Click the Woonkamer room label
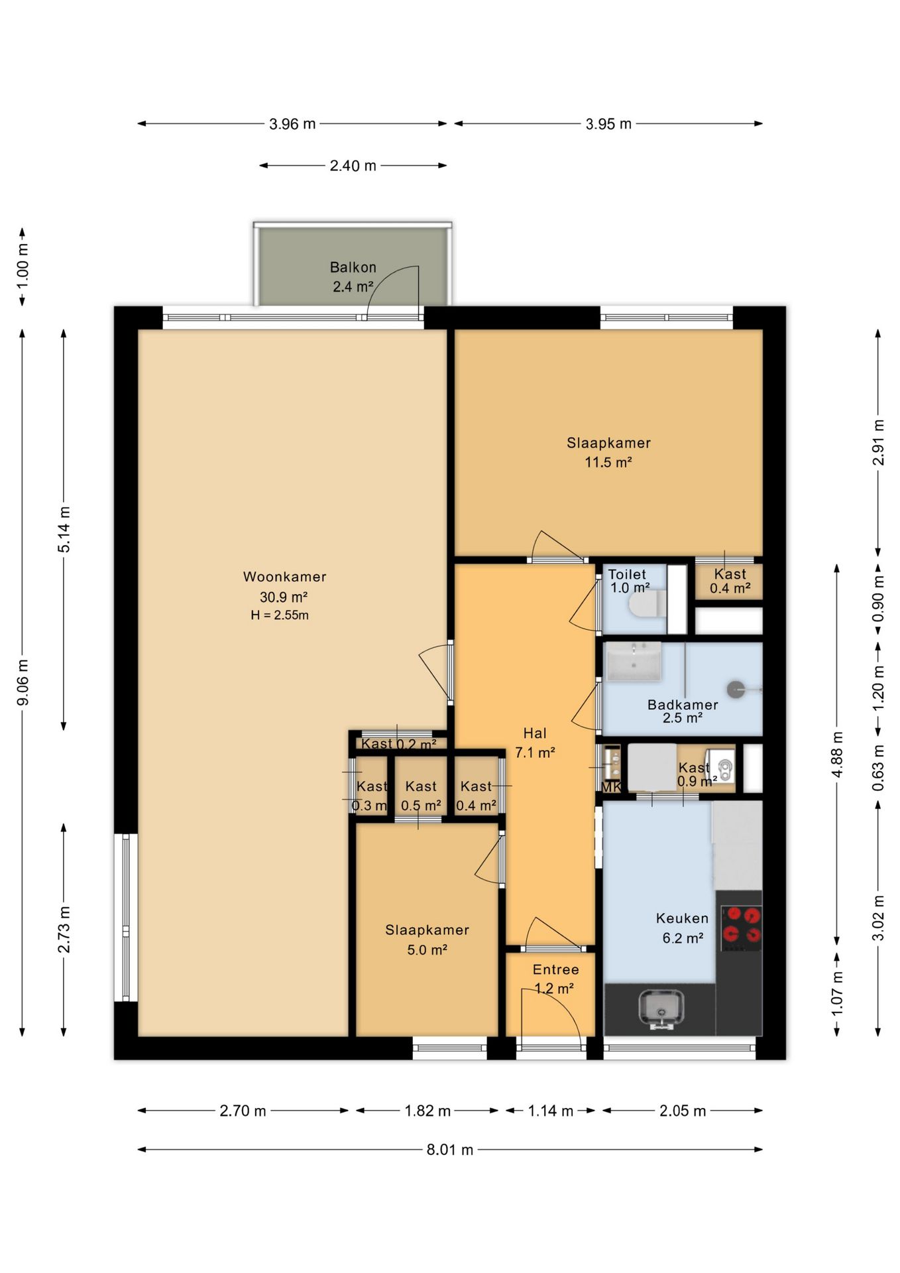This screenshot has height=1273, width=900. point(284,577)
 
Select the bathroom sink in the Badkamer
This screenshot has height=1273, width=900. point(634,661)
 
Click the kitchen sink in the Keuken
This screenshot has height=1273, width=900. point(662,1008)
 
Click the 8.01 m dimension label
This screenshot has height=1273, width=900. point(450,1150)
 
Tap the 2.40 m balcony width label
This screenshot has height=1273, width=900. point(353,166)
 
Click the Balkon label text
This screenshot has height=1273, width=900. point(353,267)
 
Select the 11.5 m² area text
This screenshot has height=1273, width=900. point(608,462)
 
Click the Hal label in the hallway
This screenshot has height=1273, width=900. point(535,733)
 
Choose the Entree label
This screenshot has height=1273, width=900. point(555,969)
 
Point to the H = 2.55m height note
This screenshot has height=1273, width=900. point(280,615)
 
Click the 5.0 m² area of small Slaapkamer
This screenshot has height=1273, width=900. point(427,950)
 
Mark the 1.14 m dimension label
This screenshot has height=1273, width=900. point(550,1111)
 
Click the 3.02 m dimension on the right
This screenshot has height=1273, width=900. point(878,918)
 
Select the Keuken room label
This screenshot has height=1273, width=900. point(682,918)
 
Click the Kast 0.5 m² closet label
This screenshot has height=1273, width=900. point(421,796)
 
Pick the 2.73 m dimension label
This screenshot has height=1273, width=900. point(64,929)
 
